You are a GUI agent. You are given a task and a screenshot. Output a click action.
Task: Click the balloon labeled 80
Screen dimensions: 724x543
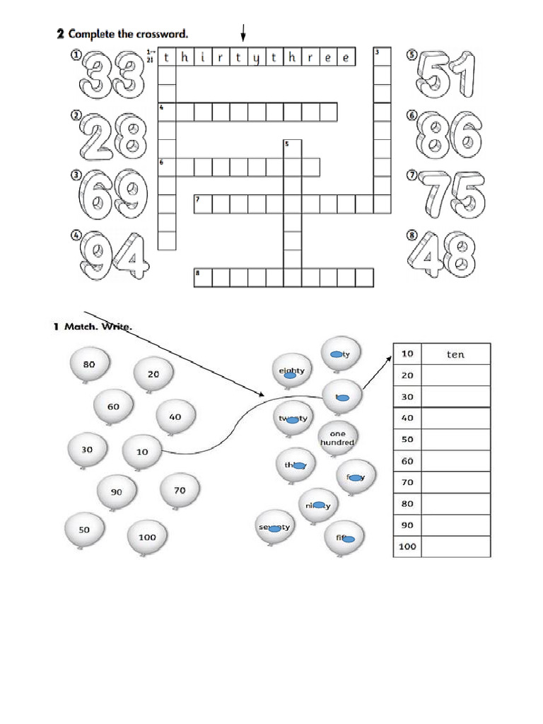89,366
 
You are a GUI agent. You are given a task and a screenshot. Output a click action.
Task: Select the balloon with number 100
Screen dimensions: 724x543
147,538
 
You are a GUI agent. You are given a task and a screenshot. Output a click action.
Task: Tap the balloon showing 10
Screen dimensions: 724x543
142,451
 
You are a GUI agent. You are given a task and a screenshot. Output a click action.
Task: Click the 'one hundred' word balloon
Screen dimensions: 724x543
337,438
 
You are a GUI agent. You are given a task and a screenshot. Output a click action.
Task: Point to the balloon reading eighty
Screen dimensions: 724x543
291,371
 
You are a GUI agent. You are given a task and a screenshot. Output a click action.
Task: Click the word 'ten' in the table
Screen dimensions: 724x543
455,354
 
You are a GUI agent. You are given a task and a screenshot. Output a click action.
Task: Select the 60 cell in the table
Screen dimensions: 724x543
407,461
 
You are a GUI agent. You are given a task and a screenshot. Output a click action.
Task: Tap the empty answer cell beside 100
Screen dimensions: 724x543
455,547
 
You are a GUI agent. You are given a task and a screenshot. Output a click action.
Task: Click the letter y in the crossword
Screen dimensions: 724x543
256,57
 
